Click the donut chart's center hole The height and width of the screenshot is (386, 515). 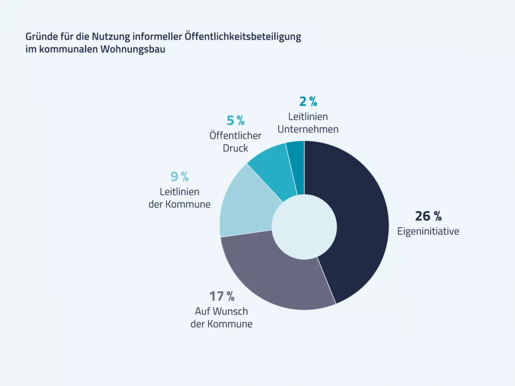click(x=304, y=226)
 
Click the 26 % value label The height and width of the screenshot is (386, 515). click(x=428, y=216)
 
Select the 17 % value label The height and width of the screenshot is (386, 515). click(x=221, y=296)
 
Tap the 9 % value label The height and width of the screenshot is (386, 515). click(x=180, y=177)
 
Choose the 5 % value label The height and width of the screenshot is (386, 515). click(x=235, y=121)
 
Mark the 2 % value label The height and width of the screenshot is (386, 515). click(x=308, y=101)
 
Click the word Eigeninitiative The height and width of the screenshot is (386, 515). click(x=428, y=231)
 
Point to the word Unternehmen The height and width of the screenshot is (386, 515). click(x=308, y=129)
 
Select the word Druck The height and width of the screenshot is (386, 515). click(x=235, y=148)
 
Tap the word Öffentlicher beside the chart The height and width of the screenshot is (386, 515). click(x=235, y=136)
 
